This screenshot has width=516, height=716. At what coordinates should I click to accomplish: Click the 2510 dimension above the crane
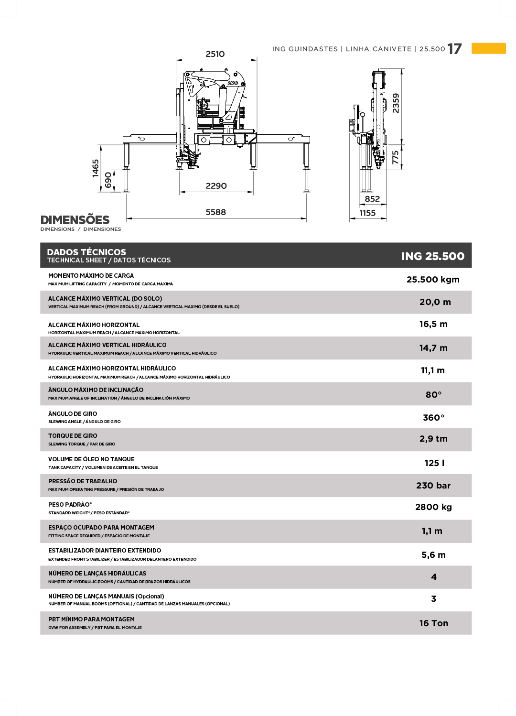pos(215,54)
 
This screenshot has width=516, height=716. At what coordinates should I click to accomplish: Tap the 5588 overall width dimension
pos(215,212)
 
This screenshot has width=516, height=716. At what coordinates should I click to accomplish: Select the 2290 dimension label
pos(216,186)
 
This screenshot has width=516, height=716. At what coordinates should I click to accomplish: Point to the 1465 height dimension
pos(96,168)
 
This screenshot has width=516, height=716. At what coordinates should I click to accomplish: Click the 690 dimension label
pos(108,180)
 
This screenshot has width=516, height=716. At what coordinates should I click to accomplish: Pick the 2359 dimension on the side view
pos(396,103)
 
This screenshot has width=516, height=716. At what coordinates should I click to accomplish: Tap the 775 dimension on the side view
pos(395,158)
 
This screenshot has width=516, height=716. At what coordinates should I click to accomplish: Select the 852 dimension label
pos(372,199)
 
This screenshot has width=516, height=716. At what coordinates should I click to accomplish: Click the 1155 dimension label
pos(367,213)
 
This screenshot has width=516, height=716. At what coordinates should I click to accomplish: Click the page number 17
pos(454,49)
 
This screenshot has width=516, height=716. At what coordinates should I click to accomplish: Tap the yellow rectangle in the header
pos(488,48)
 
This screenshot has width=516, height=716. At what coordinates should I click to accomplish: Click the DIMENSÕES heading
pos(75,220)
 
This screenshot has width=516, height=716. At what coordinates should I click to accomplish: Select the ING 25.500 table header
pos(432,256)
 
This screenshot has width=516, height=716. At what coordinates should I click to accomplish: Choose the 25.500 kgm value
pos(433,280)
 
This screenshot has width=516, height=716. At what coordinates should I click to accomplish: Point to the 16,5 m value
pos(433,324)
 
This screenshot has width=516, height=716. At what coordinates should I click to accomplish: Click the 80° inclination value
pos(433,395)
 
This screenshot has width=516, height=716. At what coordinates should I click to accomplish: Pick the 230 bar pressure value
pos(433,486)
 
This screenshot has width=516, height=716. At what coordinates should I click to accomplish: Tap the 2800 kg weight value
pos(433,507)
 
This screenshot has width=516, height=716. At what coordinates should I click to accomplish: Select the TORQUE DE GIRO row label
pos(73,436)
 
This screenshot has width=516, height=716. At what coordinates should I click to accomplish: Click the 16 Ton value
pos(433,623)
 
